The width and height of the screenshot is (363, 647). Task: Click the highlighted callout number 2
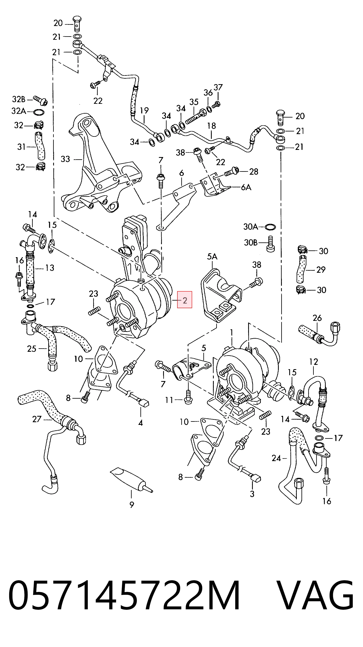point(185,300)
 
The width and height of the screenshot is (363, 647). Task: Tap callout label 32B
point(19,100)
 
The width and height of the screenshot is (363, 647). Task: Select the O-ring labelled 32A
point(39,112)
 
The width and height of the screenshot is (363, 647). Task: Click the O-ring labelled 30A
point(270,227)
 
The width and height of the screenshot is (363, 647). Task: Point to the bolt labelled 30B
point(270,244)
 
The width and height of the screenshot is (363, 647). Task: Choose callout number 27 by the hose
point(37,419)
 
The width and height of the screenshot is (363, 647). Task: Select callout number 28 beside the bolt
point(254,172)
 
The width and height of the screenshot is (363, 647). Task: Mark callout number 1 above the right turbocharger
point(232,333)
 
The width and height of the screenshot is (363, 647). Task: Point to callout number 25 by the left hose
point(32,349)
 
